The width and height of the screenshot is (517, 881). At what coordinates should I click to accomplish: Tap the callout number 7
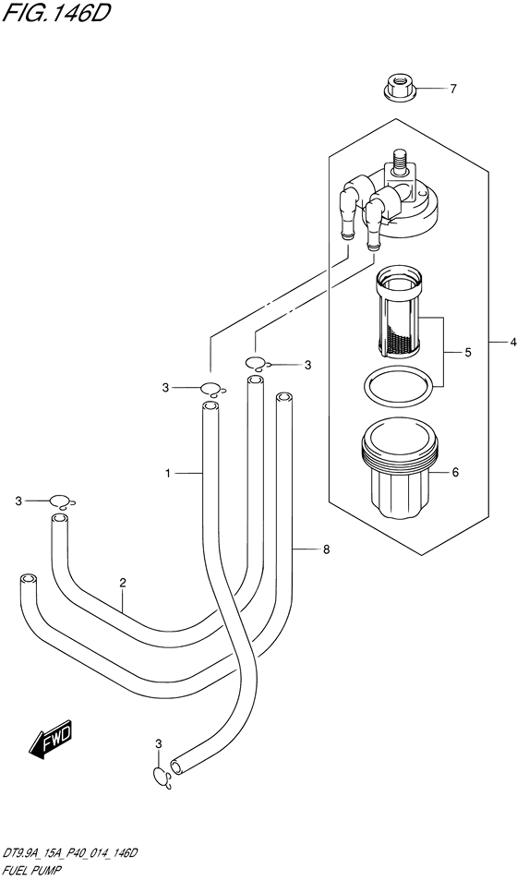coord(453,89)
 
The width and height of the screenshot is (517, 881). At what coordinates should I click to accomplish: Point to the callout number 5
coord(467,353)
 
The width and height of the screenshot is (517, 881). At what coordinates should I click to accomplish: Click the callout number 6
coord(455,473)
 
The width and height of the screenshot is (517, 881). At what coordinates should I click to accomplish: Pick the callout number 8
coord(327,549)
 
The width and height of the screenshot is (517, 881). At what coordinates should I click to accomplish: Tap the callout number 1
coord(167,475)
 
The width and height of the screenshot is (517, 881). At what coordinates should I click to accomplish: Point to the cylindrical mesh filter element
coord(399,316)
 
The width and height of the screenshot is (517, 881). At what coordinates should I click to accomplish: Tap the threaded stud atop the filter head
coord(400,158)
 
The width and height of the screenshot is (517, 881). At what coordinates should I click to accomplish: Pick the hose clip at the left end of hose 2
coord(61,501)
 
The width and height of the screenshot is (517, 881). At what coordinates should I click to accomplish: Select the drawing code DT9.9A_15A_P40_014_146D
coord(70,854)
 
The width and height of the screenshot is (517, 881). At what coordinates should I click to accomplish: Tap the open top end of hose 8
coord(284,398)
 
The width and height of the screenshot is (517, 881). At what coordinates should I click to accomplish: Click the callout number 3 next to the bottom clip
coord(159,744)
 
